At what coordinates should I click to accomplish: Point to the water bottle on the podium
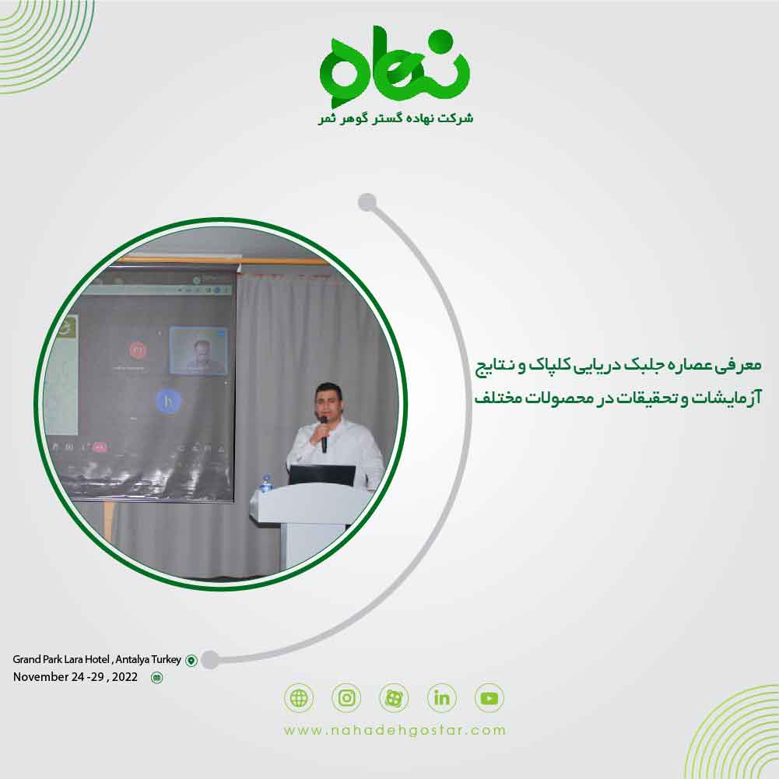coord(266,483)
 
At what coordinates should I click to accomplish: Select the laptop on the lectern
coord(322,475)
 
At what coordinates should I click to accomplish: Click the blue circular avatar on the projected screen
coord(167,402)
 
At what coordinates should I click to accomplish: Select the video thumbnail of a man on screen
coord(198,350)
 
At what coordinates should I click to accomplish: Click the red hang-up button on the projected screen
coord(99,447)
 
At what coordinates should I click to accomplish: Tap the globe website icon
coord(299,698)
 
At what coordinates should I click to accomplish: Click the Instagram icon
coord(346,698)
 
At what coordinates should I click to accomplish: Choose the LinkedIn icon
coord(442,698)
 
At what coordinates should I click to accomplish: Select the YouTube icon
coord(490,698)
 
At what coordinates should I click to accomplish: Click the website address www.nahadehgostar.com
coord(395,731)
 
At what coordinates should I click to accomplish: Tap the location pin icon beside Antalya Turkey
coord(191,661)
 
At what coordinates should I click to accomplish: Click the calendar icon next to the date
coord(157,678)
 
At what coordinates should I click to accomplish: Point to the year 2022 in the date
coord(125,677)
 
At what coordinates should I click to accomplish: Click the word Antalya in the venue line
coord(137,660)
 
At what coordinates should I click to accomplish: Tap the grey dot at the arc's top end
coord(367,203)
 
